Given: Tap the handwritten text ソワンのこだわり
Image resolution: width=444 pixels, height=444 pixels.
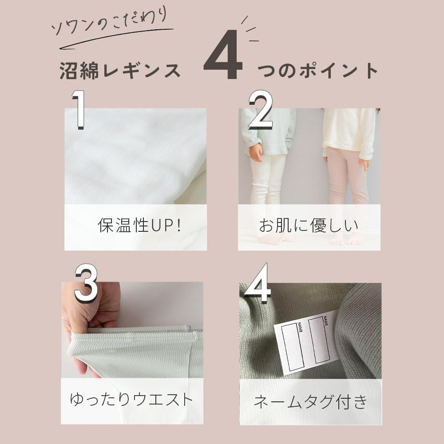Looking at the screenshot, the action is [x=110, y=23].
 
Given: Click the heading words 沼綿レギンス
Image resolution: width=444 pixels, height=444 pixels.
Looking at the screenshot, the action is [x=120, y=71].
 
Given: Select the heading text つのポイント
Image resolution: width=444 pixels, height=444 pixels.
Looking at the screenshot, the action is [x=318, y=71].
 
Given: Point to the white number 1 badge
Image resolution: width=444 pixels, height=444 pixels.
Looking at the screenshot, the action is [x=79, y=110].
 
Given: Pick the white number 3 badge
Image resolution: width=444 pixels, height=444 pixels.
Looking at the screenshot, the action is [x=86, y=284].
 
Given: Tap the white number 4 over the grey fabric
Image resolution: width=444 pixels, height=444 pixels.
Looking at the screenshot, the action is [x=256, y=283].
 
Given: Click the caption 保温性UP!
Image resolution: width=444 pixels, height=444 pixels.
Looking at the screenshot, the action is [x=139, y=226].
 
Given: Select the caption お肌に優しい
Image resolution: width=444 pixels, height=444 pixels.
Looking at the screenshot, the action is [x=309, y=226].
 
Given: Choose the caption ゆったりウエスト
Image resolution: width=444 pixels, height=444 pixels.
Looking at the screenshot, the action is [x=131, y=400].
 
